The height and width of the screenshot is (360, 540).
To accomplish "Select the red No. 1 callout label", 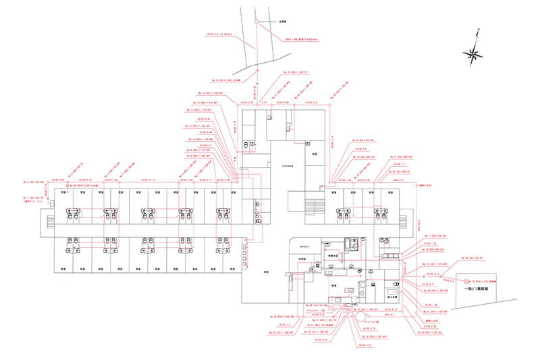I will coord(38,197).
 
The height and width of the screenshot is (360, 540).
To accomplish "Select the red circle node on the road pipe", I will coord(256,22).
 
